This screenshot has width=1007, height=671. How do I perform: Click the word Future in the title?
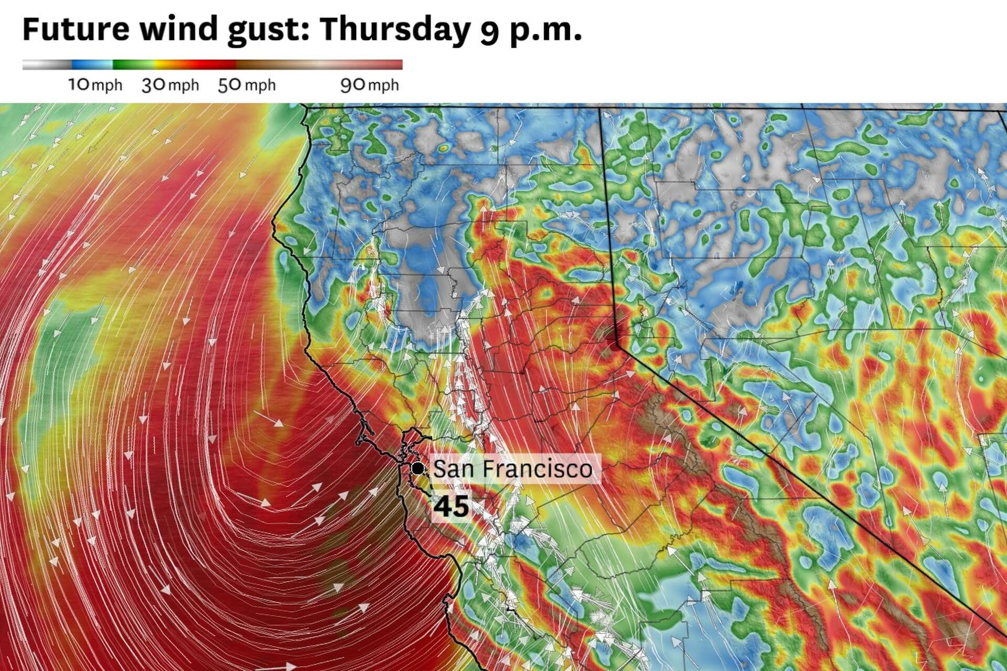pyautogui.click(x=76, y=29)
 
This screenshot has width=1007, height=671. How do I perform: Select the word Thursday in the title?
pyautogui.click(x=394, y=29)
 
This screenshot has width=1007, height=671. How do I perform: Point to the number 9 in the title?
pyautogui.click(x=489, y=31)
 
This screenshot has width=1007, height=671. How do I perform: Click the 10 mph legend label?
pyautogui.click(x=95, y=85)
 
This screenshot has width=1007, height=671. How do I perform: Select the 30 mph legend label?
pyautogui.click(x=170, y=85)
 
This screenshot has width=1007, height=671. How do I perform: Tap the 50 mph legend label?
pyautogui.click(x=247, y=85)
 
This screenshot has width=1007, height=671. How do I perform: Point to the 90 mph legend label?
pyautogui.click(x=369, y=85)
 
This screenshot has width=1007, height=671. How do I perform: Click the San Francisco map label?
pyautogui.click(x=512, y=469)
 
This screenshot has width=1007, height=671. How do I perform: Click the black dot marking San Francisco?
pyautogui.click(x=418, y=468)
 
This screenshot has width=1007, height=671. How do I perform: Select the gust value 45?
pyautogui.click(x=452, y=506)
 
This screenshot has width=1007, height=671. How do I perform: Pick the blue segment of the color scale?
pyautogui.click(x=92, y=65)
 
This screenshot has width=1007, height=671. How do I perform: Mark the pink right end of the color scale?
pyautogui.click(x=388, y=65)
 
